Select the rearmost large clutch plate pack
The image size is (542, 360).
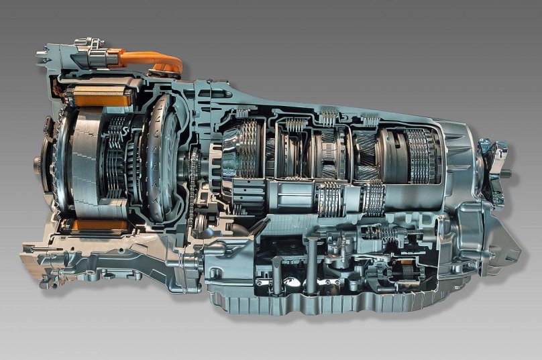[423, 154]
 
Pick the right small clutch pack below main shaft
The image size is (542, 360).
[373, 197]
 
